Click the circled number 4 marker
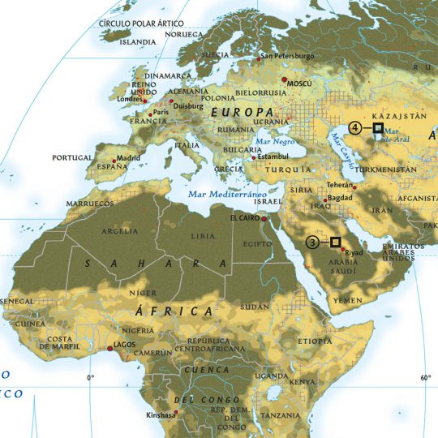pos(355,127)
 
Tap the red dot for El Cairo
pos(264,219)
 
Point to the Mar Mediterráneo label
pos(227,195)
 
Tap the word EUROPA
pos(241,111)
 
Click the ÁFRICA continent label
pos(179,311)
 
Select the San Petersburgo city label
pos(286,57)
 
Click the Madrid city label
pos(127,158)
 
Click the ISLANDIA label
pos(138,41)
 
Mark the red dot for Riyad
pos(341,251)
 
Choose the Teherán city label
pos(339,184)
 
